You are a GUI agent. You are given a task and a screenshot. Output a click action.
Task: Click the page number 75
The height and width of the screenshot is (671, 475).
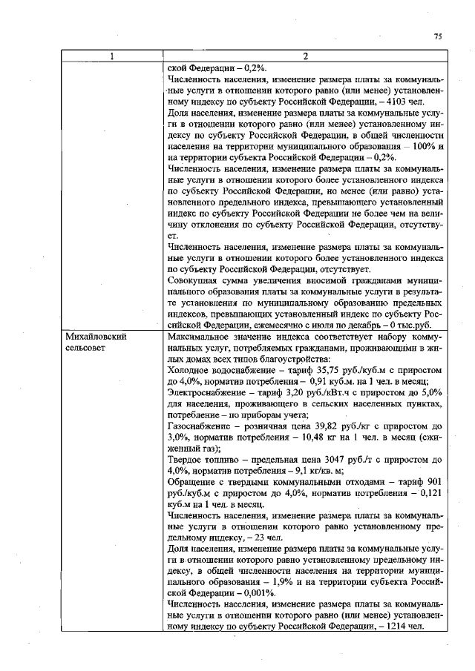(438, 36)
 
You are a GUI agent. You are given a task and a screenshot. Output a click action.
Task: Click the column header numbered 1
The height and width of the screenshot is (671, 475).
(113, 56)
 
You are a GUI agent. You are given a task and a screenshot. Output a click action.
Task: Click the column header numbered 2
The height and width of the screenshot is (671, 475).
(305, 56)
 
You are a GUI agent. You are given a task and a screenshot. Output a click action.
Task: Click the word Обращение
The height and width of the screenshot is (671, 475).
(194, 482)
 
